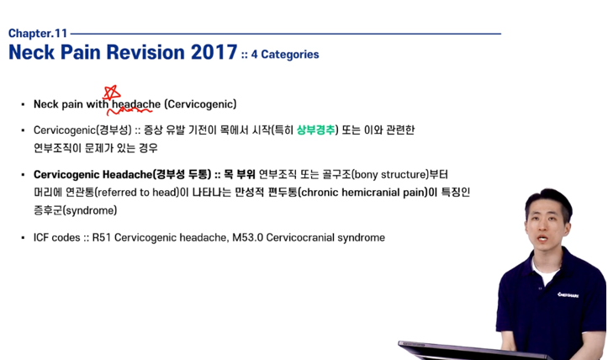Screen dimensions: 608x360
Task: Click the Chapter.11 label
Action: click(38, 34)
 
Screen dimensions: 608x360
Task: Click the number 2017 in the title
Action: click(214, 52)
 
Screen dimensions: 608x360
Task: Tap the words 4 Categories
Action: click(285, 55)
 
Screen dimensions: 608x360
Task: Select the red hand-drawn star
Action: click(111, 93)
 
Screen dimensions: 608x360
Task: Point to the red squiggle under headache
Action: click(130, 111)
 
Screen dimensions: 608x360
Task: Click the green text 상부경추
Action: click(315, 130)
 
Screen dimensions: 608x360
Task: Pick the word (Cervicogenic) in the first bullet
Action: click(200, 104)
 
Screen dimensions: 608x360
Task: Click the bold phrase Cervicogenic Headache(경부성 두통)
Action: click(122, 175)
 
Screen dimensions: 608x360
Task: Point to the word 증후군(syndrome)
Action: click(75, 210)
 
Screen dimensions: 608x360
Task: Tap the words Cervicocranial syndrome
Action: click(325, 237)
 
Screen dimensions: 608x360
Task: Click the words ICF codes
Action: click(57, 237)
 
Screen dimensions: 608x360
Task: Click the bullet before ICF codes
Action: click(23, 238)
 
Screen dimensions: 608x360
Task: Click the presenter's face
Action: click(547, 225)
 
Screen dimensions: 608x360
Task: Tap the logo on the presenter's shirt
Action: click(568, 295)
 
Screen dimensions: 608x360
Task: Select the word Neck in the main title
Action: click(31, 52)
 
